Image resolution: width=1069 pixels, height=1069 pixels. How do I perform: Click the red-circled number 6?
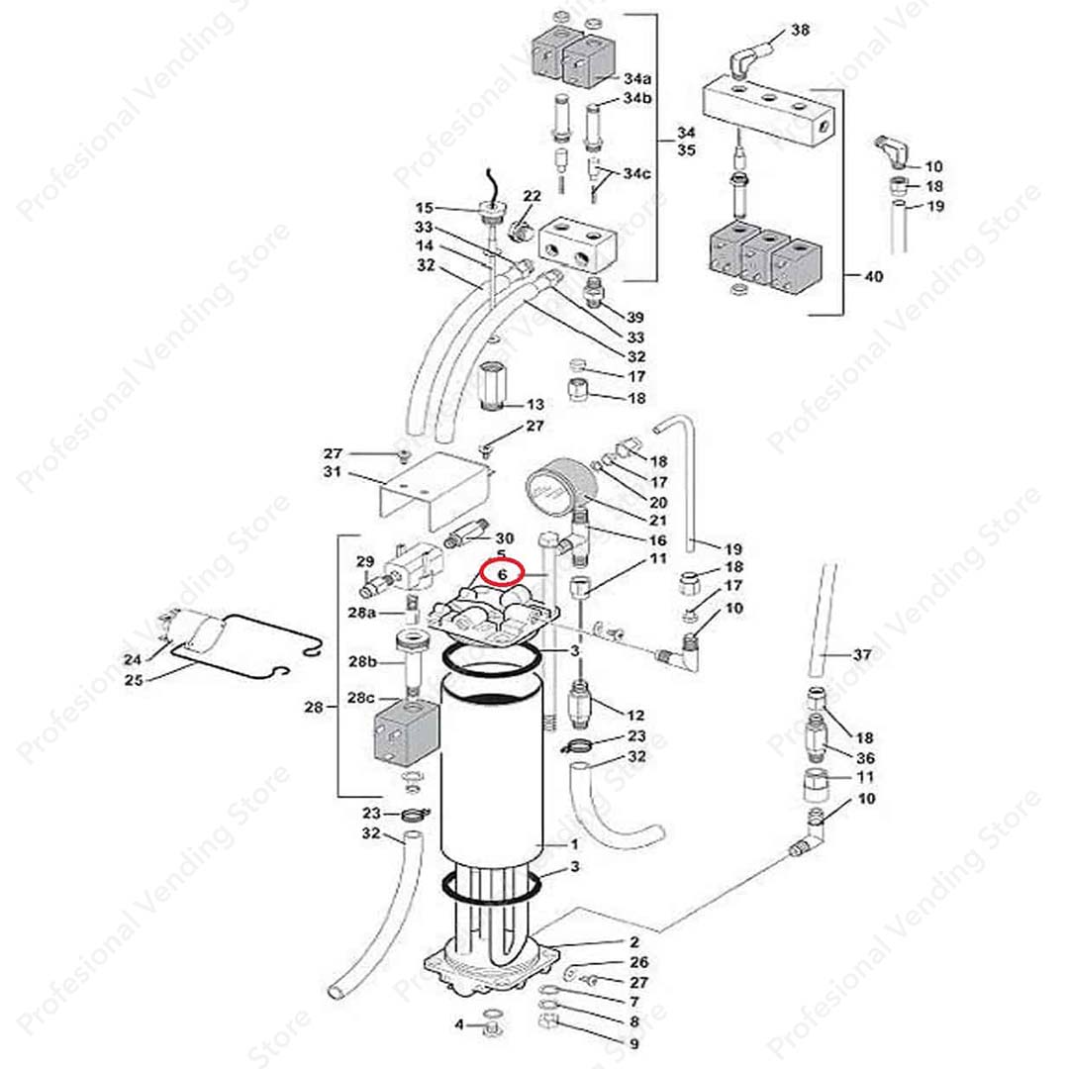coord(502,573)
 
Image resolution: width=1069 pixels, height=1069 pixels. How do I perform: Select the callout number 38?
coord(800,31)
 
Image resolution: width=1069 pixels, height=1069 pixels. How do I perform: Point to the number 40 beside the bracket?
coord(873,277)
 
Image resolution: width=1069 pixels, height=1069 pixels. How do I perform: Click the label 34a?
coord(638,78)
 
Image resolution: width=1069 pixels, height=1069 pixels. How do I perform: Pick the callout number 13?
coord(534,404)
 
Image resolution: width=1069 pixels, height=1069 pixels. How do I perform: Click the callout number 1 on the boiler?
coord(574,844)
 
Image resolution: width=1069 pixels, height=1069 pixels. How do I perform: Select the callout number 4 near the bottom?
coord(459,1023)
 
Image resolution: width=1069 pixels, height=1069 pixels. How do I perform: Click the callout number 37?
coord(863,654)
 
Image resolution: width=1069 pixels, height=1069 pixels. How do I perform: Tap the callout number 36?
coord(866,757)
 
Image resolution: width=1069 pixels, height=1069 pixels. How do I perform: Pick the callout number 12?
coord(635,714)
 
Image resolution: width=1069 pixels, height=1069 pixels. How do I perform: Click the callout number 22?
coord(532,195)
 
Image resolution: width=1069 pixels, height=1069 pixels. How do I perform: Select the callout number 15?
coord(424,208)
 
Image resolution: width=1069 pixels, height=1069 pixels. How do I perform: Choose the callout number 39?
coord(635,317)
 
